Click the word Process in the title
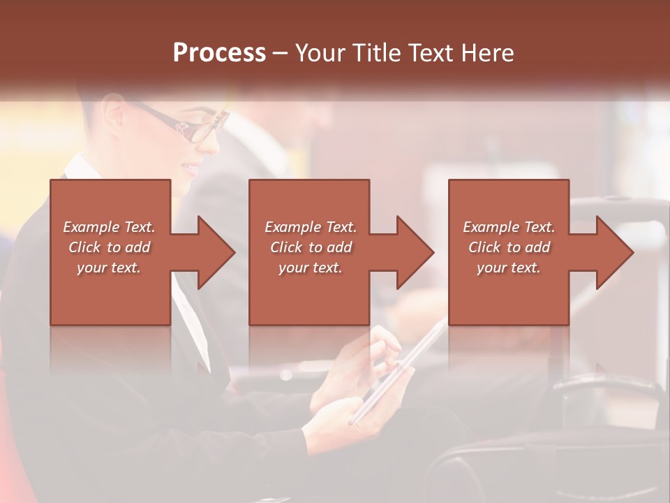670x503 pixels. coord(219,52)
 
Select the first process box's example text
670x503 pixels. coord(110,247)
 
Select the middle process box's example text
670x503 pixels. coord(311,247)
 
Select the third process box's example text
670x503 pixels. coord(509,247)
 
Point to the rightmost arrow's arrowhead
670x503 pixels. coord(613,252)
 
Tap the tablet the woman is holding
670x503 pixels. coord(398,374)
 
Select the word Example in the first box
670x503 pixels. coord(91,227)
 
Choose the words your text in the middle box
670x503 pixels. coord(311,268)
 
